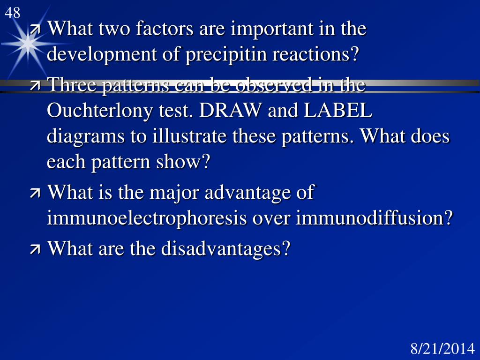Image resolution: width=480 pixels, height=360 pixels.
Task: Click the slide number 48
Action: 13,13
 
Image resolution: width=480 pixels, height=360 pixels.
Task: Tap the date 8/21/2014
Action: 442,349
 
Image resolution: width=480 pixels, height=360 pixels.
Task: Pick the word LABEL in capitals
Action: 338,111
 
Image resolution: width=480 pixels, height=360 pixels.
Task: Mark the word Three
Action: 69,85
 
